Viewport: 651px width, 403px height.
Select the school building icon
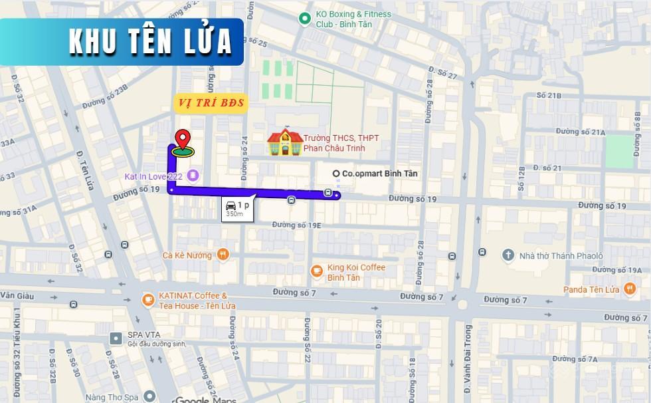[x=284, y=142]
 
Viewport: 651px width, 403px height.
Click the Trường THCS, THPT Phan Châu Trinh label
[x=341, y=142]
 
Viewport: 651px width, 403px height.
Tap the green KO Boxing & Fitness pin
[x=305, y=18]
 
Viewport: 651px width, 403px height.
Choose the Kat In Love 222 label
[x=154, y=176]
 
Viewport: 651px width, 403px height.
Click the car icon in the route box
[x=230, y=205]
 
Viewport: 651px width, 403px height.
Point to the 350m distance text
[x=234, y=214]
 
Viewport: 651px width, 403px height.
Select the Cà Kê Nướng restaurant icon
[x=223, y=254]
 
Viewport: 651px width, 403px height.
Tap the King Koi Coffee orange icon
[x=317, y=270]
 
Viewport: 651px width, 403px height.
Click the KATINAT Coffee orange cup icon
[x=147, y=300]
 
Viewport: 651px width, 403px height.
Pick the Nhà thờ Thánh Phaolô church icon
[x=508, y=255]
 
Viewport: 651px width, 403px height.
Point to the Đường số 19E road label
[x=296, y=225]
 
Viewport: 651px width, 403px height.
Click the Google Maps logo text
[x=206, y=400]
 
